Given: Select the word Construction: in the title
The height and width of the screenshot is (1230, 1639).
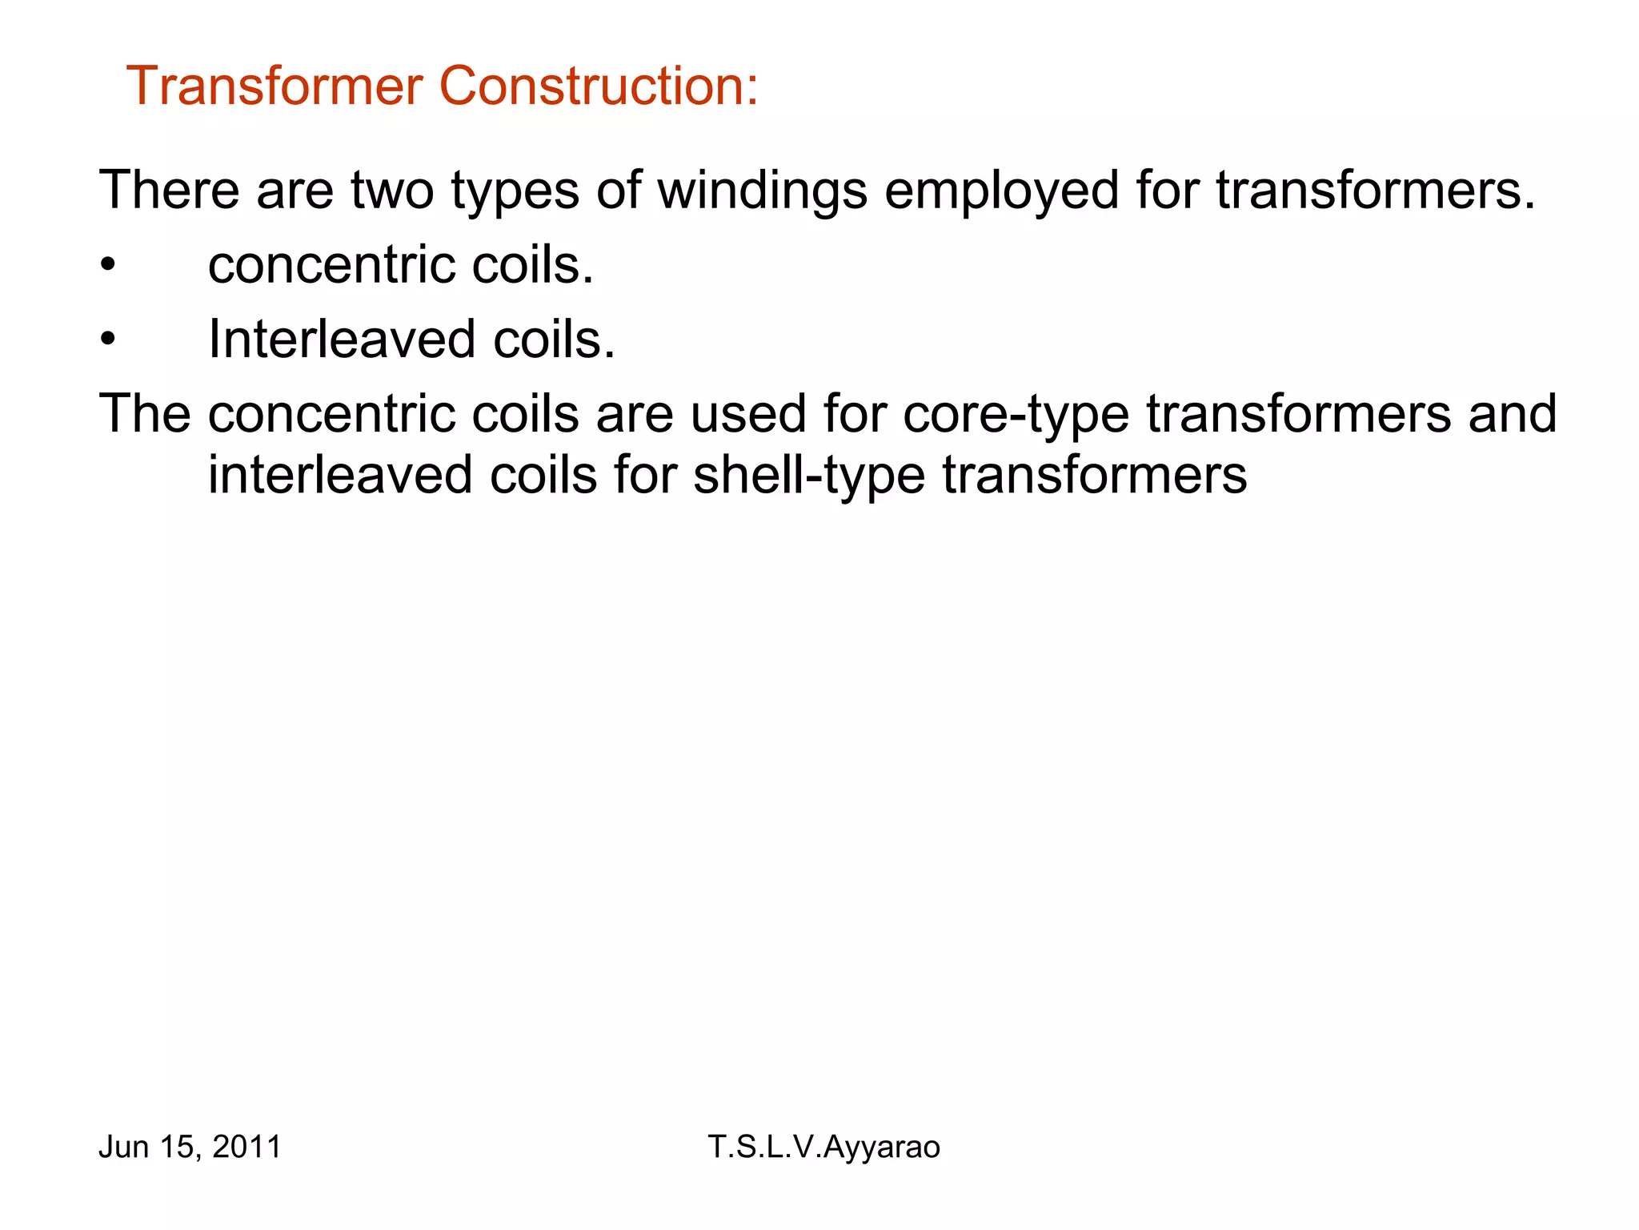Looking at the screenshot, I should pos(599,86).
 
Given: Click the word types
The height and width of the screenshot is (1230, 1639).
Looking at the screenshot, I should pos(515,192).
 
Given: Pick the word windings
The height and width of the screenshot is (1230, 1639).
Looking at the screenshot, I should pos(763,192).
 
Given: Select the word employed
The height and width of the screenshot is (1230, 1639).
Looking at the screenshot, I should pos(1001,192).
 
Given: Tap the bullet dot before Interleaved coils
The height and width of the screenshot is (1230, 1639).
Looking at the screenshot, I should pos(108,340).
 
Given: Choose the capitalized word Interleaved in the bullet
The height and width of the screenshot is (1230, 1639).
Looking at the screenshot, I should pos(342,340).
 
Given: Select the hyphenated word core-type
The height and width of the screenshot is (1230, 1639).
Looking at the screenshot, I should pos(1016,416).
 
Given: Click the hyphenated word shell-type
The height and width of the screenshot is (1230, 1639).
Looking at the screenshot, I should pos(808,476).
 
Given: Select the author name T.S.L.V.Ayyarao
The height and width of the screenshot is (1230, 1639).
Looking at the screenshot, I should pos(824,1148).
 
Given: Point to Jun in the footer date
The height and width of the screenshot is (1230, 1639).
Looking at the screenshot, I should pos(124,1147).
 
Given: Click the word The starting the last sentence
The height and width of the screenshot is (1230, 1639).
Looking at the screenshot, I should pos(145,414).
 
